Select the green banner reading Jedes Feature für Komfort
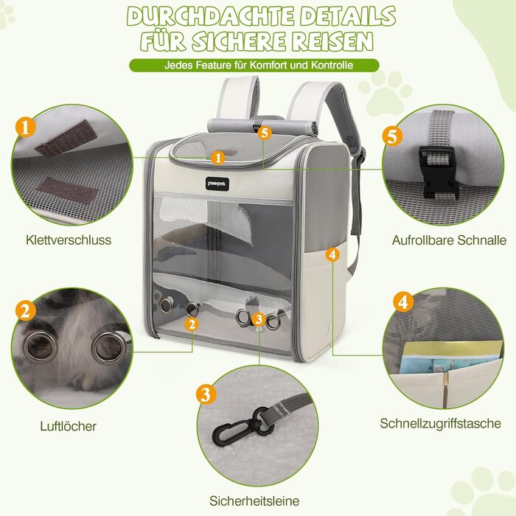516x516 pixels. point(257,65)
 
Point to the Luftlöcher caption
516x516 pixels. point(68,425)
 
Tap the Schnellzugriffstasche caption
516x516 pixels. point(441,423)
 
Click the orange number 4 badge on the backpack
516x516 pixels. point(332,254)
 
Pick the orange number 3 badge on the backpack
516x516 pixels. point(258,319)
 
